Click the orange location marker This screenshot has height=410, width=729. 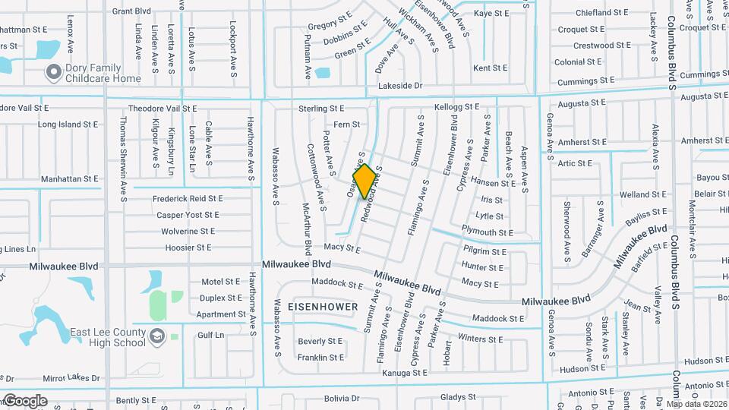364,181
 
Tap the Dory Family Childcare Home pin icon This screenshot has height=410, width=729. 53,73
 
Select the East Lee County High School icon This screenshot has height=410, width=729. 157,336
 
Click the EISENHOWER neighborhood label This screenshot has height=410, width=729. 323,307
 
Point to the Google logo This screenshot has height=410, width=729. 25,401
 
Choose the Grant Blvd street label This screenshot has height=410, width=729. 131,11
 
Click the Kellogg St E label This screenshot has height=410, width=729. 456,108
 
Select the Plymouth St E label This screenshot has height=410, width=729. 488,232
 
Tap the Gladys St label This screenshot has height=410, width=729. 457,397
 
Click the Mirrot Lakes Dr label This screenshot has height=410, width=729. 71,378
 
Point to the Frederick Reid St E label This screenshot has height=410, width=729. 188,198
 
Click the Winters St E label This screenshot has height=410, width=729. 481,339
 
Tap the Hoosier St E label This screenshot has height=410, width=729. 186,248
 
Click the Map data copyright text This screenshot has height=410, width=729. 697,403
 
